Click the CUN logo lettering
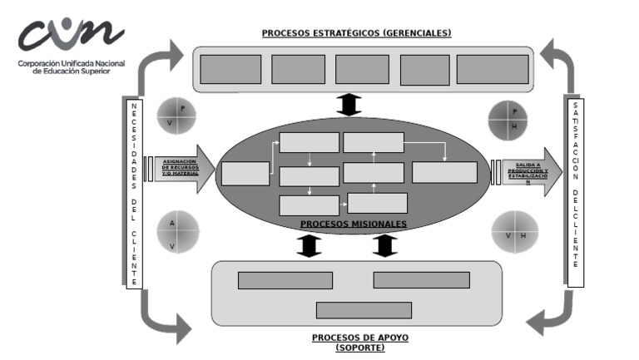click(71, 35)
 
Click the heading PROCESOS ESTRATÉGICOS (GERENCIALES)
click(356, 33)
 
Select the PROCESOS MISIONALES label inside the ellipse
click(354, 224)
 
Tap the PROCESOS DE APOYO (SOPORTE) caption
click(360, 343)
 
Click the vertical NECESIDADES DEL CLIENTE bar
click(134, 194)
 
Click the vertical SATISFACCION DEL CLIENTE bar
click(575, 193)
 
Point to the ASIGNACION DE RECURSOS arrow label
click(179, 167)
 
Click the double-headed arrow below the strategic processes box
click(349, 105)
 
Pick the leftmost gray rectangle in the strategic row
click(230, 69)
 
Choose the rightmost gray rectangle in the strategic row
click(493, 69)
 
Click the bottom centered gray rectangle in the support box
click(364, 310)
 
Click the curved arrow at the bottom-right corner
click(553, 317)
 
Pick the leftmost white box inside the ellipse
click(245, 173)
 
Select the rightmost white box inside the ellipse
click(444, 172)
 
